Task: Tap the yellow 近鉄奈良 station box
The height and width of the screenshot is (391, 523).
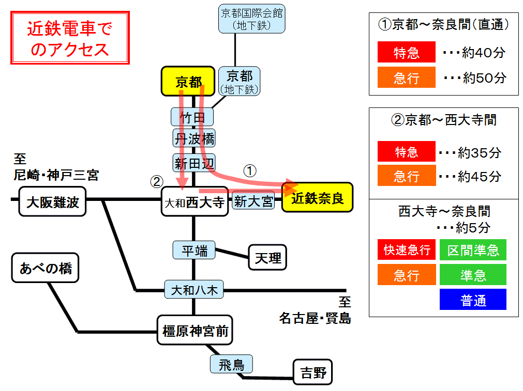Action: (317, 197)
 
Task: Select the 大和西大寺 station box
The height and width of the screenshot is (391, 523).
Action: (195, 201)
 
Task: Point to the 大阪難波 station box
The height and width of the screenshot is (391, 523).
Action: (53, 201)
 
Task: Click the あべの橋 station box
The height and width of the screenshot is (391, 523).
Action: (46, 268)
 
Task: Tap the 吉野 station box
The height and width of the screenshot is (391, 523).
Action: (313, 372)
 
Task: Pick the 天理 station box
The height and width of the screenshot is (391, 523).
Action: (267, 257)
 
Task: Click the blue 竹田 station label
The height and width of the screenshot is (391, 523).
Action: (192, 117)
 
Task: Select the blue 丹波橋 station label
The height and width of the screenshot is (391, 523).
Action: (194, 138)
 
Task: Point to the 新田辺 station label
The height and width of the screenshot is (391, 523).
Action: (194, 163)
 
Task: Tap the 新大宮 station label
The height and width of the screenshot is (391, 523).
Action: (253, 201)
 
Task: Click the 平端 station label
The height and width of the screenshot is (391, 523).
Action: (194, 251)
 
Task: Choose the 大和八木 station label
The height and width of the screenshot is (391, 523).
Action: (194, 290)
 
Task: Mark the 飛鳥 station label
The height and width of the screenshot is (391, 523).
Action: (231, 365)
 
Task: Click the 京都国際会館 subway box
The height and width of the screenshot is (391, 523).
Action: (252, 19)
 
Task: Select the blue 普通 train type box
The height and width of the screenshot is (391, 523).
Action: (473, 300)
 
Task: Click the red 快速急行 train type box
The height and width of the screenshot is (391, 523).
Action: (406, 250)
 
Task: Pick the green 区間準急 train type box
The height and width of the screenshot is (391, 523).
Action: (473, 250)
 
